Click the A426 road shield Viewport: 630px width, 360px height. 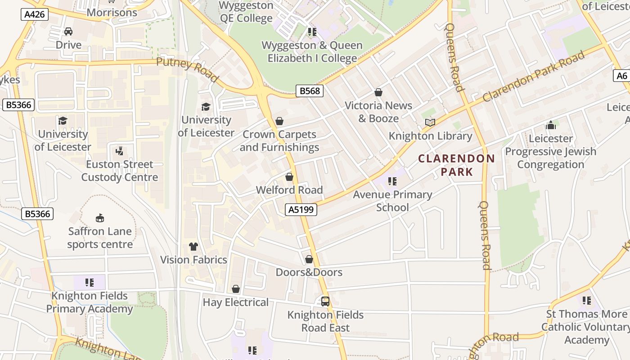35,14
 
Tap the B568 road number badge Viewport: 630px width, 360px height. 310,91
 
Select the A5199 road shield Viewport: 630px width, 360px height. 301,209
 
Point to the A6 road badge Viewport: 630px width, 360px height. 621,76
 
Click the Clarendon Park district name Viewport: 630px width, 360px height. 456,165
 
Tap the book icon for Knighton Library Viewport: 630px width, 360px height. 430,122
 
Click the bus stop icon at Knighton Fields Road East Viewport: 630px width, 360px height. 325,301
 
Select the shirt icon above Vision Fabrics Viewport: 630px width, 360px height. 193,246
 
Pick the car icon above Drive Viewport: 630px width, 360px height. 68,31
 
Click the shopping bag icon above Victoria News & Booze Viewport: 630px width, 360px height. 378,92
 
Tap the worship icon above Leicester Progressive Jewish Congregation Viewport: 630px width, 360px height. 551,125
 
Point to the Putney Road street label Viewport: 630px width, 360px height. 188,70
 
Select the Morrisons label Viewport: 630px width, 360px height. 112,13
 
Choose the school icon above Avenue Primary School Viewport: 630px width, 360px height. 392,181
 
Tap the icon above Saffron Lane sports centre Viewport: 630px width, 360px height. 100,218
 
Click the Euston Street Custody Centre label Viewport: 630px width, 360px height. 120,171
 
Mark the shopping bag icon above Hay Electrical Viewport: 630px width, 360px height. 235,289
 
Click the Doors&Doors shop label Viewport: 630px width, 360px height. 309,272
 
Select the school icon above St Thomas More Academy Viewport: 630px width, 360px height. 586,300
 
